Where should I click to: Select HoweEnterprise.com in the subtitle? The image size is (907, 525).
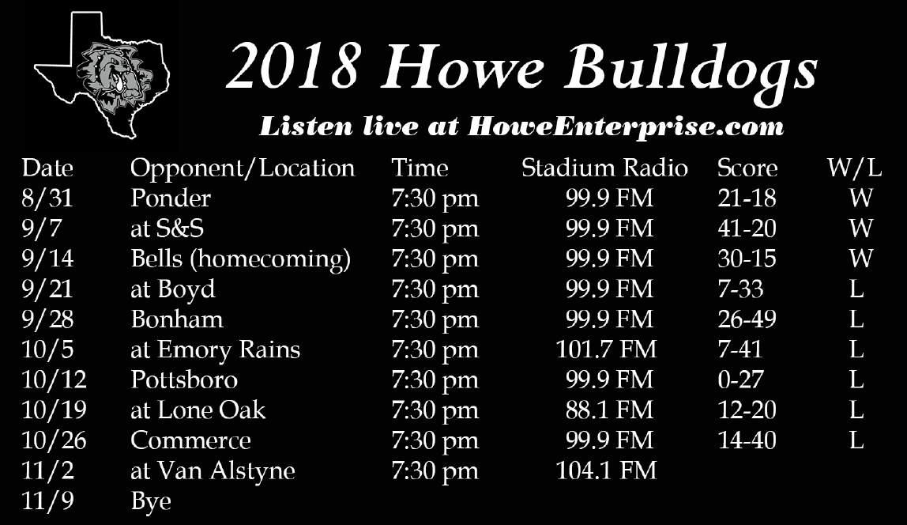point(626,127)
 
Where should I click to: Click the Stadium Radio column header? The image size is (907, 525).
point(604,168)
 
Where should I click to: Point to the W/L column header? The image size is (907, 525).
point(854,168)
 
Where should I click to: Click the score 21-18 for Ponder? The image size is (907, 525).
point(747,198)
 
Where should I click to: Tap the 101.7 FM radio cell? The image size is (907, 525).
point(606,349)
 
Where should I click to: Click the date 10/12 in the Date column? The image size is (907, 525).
point(54,380)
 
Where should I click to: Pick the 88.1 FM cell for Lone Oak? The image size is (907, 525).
point(610,410)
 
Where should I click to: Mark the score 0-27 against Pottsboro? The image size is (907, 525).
point(740,380)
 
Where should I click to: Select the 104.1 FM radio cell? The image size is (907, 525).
point(606,470)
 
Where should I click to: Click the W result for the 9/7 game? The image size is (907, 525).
point(860,229)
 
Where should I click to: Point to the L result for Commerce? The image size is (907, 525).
point(856,440)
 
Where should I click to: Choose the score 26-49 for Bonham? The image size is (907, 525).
point(747,319)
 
